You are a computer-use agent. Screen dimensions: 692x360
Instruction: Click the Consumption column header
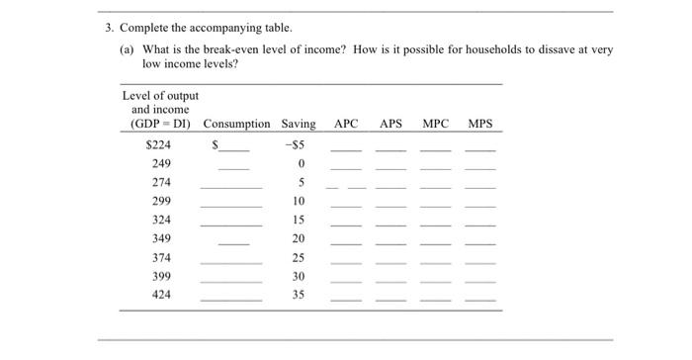[236, 124]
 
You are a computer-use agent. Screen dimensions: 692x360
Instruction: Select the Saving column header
[299, 124]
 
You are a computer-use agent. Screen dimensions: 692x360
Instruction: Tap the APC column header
[346, 124]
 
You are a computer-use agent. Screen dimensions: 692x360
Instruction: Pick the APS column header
[391, 124]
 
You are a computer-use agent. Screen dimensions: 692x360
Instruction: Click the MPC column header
[435, 124]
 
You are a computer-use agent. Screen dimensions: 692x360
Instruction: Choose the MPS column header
[479, 124]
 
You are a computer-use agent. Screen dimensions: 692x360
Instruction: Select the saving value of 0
[300, 163]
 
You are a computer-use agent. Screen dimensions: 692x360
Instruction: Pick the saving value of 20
[299, 238]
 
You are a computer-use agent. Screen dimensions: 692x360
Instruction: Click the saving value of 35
[299, 295]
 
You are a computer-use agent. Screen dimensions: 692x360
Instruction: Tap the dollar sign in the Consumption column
[215, 144]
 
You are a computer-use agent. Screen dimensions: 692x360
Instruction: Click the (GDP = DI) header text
[161, 124]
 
